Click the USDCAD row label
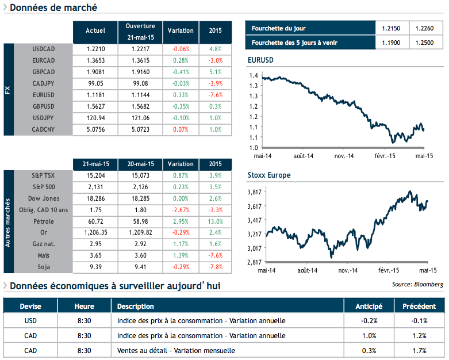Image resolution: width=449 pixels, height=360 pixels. coord(44,49)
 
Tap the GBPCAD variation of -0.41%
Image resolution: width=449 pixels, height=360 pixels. coord(181,72)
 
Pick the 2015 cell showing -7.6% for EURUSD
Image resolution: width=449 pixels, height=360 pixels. coord(216,95)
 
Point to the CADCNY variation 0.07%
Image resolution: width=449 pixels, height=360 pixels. coord(181,129)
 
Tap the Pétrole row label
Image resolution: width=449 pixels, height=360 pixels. coord(44,220)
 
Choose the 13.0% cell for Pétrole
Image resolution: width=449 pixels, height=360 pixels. coord(216,220)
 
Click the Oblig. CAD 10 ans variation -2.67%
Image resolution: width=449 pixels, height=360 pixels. coord(181,209)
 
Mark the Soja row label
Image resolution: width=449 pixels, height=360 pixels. coord(44,266)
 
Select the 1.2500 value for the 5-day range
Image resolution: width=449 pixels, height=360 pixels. coord(426,43)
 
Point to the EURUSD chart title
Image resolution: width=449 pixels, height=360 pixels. coord(260,60)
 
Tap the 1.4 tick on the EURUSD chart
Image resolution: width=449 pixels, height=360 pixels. coord(254,75)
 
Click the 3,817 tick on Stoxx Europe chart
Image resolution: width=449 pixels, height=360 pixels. coord(254,192)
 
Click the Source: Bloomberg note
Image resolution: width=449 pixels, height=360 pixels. coord(418,284)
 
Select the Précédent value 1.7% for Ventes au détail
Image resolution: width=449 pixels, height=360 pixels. coord(419,350)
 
